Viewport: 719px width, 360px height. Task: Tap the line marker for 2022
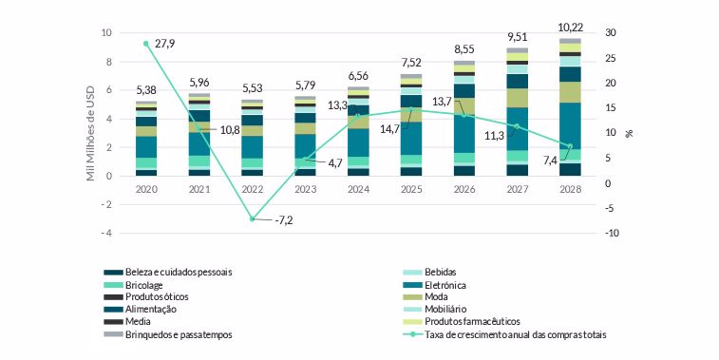click(253, 219)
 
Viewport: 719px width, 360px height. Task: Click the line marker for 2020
click(146, 44)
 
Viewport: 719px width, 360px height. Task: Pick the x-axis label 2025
click(410, 190)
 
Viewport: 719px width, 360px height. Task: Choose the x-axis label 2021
click(199, 190)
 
